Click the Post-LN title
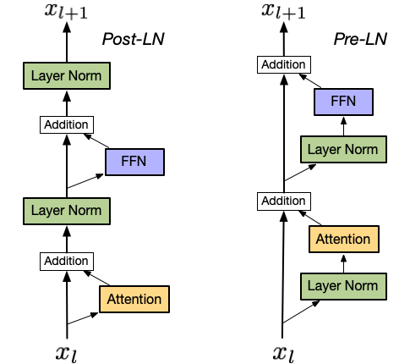[x=133, y=39]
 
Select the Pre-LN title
[x=360, y=39]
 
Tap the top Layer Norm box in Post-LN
[x=67, y=75]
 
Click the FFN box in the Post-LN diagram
[x=134, y=162]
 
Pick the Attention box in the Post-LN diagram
[x=134, y=299]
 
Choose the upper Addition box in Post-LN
[x=67, y=124]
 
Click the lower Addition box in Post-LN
[x=67, y=262]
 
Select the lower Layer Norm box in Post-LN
[x=67, y=211]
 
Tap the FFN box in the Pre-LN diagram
[x=343, y=102]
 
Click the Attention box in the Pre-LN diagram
[x=344, y=239]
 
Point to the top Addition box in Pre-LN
[x=284, y=64]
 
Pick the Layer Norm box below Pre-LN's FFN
[x=343, y=149]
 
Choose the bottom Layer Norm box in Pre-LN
[x=343, y=286]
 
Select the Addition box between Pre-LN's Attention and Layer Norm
[x=284, y=201]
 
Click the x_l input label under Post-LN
[x=67, y=353]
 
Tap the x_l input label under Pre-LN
[x=283, y=353]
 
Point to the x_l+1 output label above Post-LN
[x=67, y=11]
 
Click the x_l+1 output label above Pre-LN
[x=283, y=11]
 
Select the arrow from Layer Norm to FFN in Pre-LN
[x=343, y=126]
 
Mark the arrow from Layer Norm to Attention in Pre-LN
[x=343, y=263]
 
